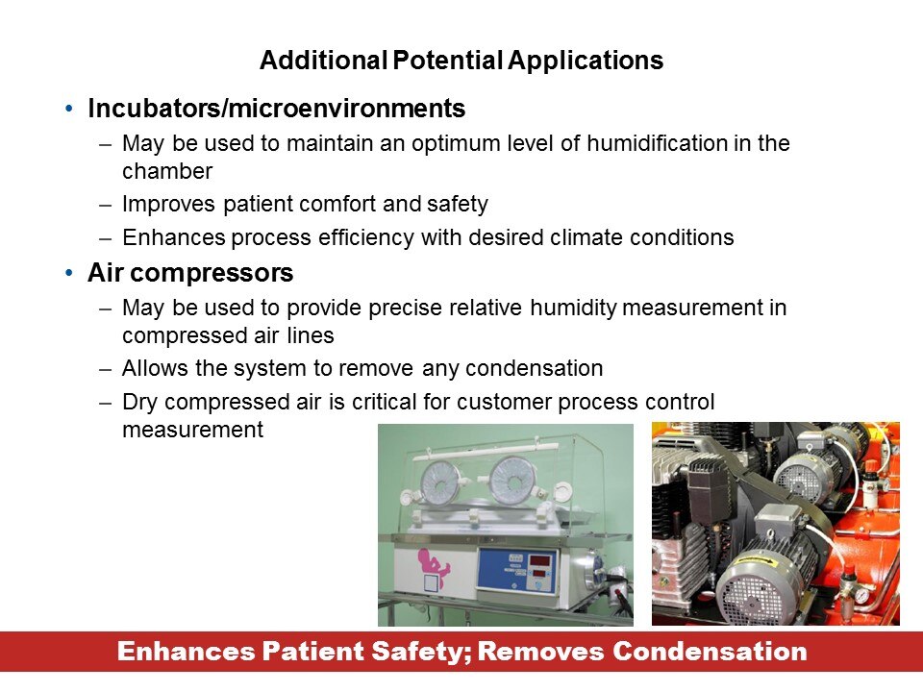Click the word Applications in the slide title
coord(586,61)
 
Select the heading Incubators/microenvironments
coord(277,109)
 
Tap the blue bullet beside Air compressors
coord(69,273)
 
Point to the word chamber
coord(167,171)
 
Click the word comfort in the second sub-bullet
coord(337,204)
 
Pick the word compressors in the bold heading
coord(212,273)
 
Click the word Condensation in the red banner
coord(710,652)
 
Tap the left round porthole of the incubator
coord(441,482)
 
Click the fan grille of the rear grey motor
coord(799,482)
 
